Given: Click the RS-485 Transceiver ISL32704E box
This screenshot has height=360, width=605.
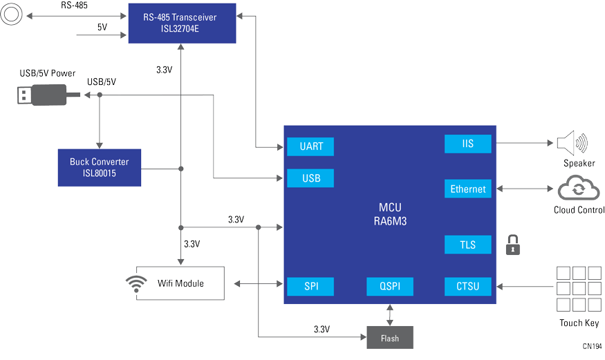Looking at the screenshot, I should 182,23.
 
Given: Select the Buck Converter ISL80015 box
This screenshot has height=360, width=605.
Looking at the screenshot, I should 99,167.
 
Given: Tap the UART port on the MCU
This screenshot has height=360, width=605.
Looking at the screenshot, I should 310,146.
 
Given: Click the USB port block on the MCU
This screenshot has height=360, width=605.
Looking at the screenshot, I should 310,178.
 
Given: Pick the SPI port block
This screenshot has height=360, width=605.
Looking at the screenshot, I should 310,286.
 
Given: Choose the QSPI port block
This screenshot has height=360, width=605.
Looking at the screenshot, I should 389,286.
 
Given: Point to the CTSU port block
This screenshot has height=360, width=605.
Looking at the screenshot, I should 468,286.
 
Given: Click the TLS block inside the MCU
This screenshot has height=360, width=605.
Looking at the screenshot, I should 468,245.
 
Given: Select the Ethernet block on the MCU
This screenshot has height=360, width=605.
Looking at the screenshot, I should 468,189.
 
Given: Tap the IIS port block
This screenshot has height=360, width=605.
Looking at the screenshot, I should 468,144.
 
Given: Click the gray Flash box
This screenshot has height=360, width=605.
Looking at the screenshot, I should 389,337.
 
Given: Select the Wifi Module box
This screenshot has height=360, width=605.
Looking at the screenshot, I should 180,283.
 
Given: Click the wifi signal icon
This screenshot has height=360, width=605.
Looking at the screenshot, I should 136,284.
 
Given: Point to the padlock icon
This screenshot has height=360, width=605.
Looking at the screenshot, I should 512,245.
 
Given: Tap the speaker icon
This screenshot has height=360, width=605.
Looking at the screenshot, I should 571,143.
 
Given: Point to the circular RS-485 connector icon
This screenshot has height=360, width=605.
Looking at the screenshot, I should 11,15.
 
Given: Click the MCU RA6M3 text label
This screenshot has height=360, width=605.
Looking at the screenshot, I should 389,214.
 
